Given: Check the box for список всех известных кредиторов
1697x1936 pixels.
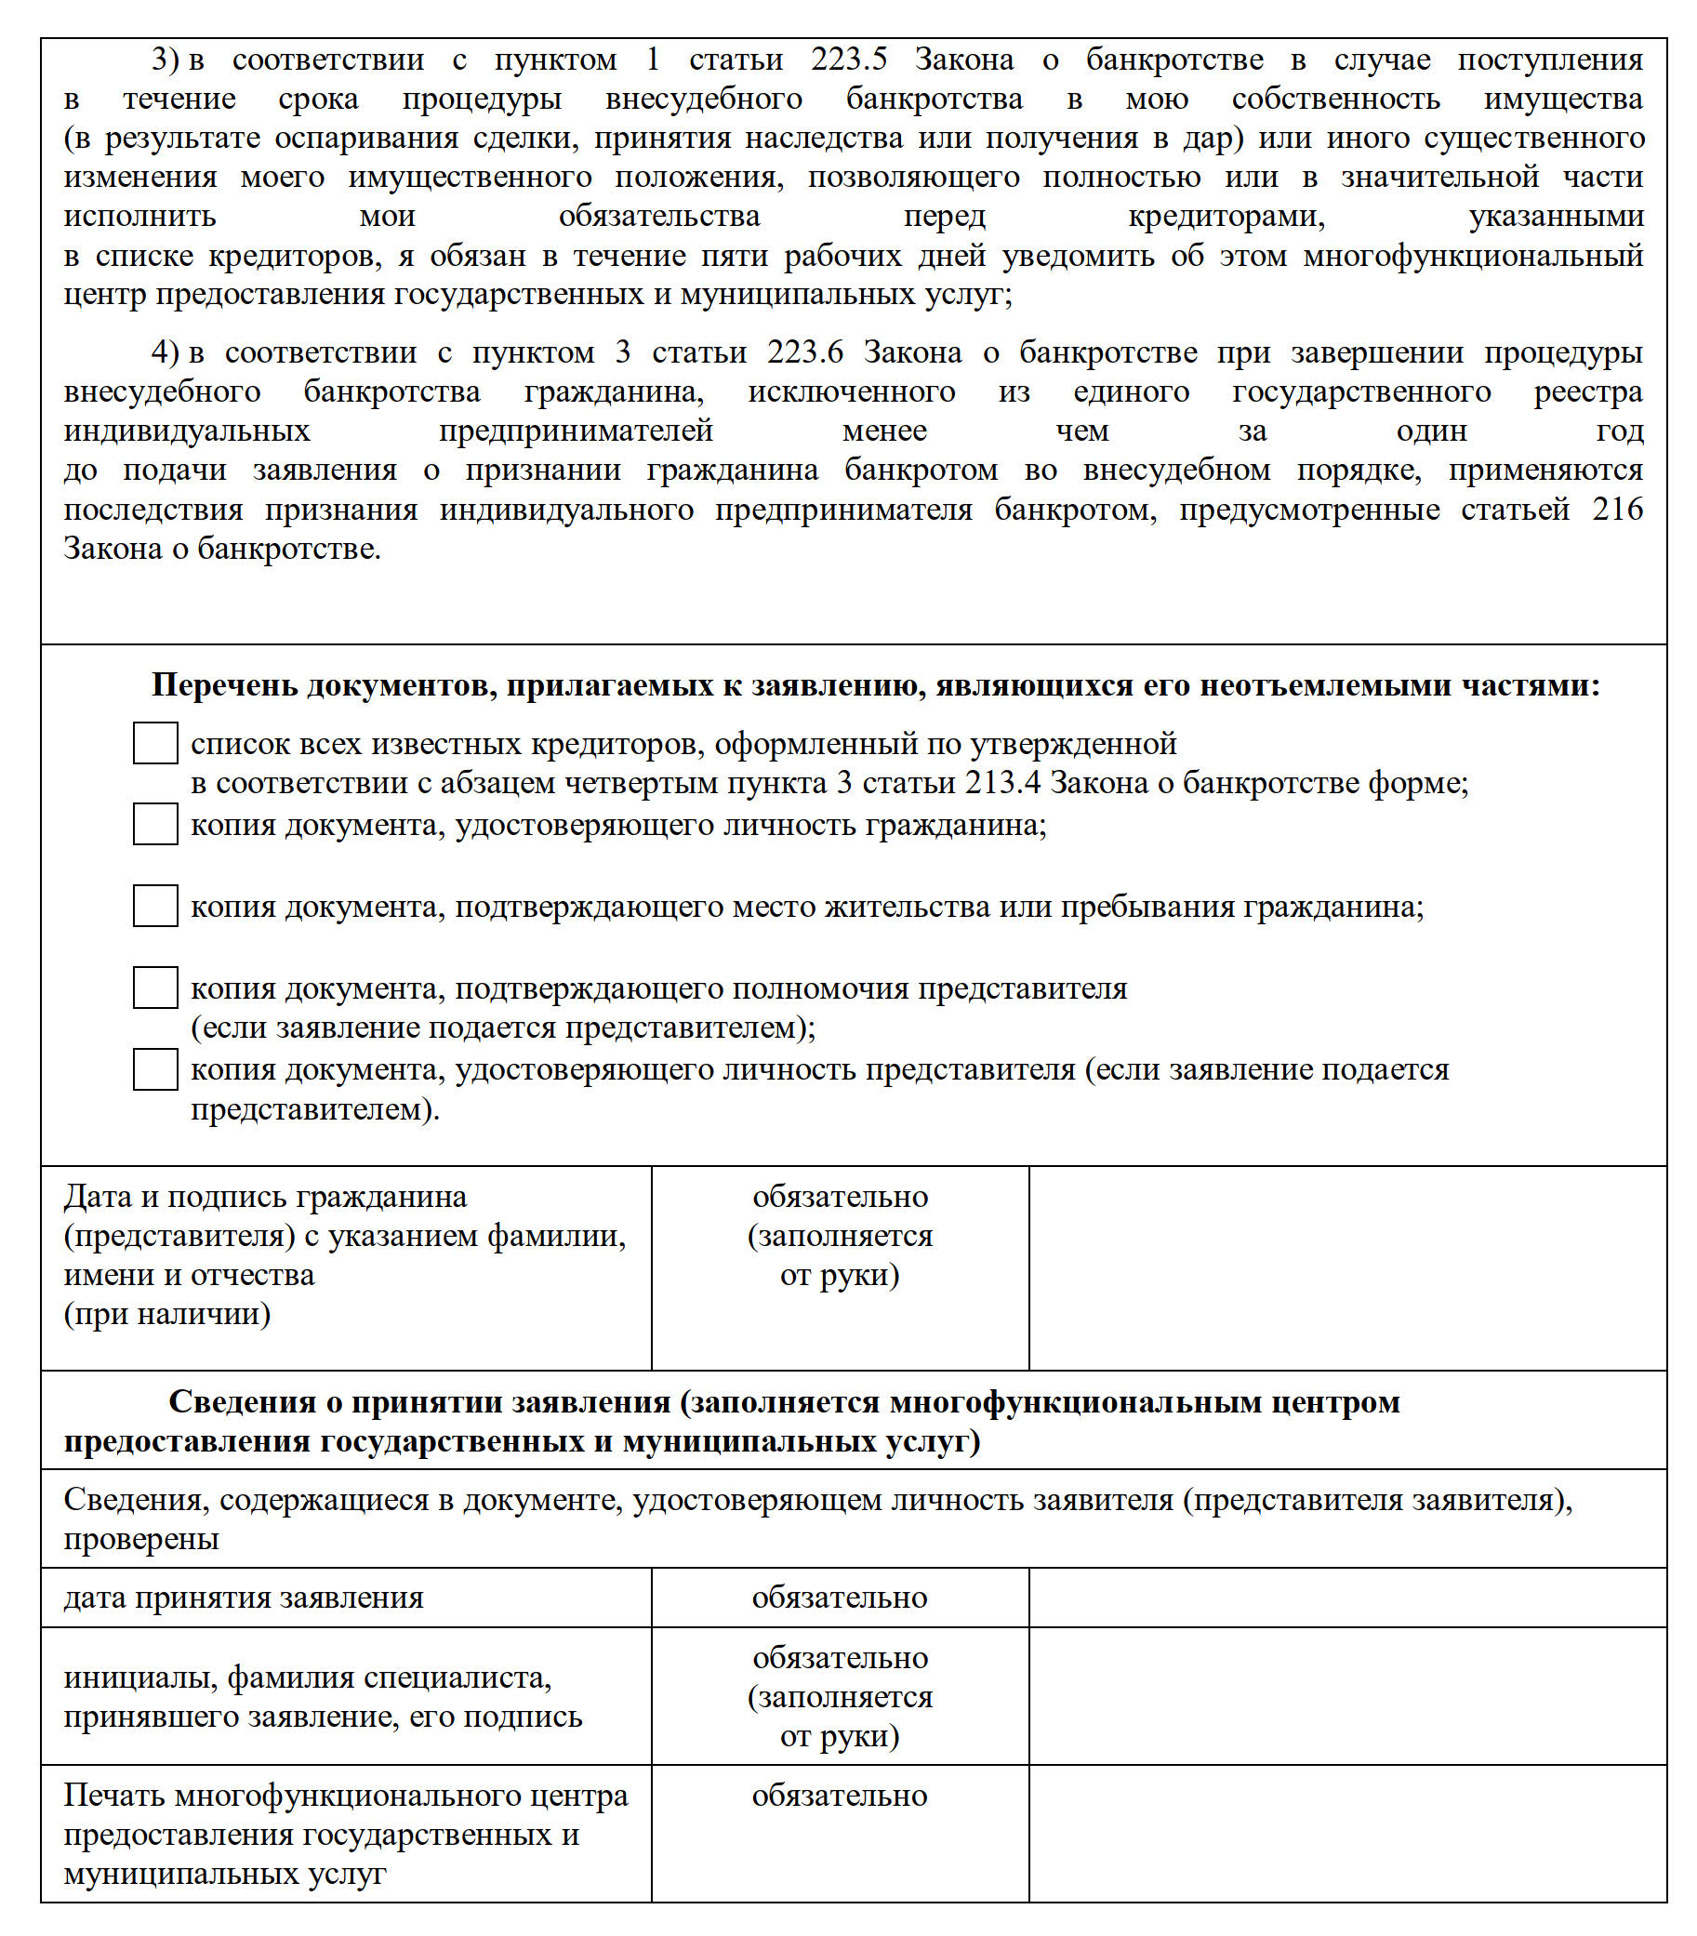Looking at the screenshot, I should tap(155, 743).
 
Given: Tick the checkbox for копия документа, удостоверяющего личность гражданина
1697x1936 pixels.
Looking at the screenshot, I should tap(155, 824).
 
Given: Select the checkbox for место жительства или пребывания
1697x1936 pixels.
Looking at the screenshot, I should tap(155, 906).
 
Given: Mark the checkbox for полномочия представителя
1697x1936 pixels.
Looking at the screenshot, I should tap(155, 987).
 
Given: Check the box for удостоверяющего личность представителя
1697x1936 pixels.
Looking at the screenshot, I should tap(155, 1068).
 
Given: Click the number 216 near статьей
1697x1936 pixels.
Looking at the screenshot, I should tap(1617, 510).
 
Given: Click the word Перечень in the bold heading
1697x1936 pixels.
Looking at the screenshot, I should tap(224, 684).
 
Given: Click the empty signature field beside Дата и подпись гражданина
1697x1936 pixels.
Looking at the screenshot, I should tap(1346, 1267).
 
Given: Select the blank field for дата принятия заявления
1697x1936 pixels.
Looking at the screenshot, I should tap(1346, 1598).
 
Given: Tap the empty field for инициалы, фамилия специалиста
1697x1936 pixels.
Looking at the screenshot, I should tap(1346, 1696).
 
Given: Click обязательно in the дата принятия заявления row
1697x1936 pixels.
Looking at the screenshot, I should tap(839, 1598).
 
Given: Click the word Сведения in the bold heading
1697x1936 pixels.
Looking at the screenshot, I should tap(242, 1402).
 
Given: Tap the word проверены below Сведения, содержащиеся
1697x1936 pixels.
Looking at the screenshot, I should tap(141, 1539).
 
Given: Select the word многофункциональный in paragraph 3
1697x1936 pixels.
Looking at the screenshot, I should tap(1473, 256).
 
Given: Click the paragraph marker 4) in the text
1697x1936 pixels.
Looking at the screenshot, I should tap(165, 352).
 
